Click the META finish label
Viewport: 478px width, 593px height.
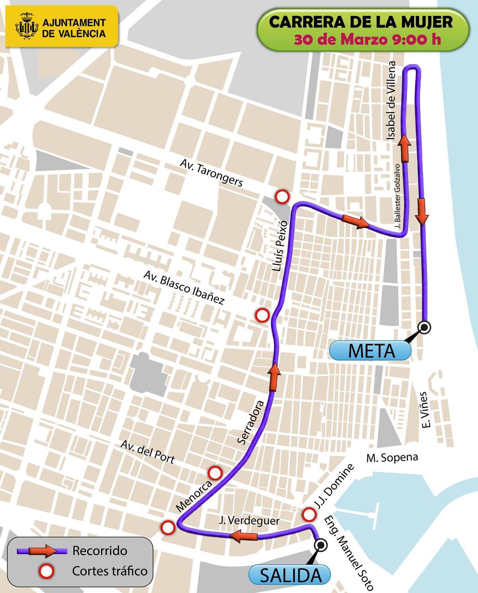[x=370, y=351]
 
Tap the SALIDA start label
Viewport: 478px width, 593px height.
[x=290, y=575]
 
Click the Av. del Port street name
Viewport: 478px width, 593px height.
[x=148, y=452]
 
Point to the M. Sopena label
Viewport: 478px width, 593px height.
[x=392, y=458]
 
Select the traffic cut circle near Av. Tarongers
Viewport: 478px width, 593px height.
[x=282, y=196]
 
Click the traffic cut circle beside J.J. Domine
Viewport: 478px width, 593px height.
[x=308, y=514]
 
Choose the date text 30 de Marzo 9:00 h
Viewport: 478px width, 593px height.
[x=367, y=40]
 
